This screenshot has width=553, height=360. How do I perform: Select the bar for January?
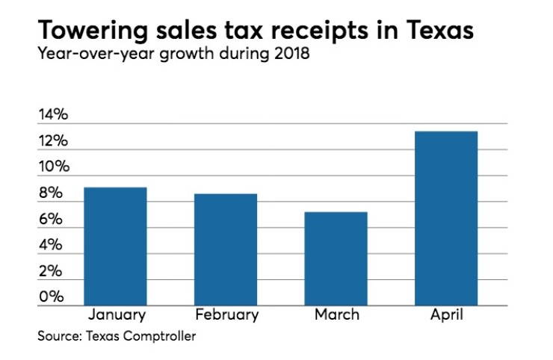(115, 246)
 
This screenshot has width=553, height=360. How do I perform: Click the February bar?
(226, 249)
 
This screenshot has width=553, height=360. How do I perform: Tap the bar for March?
(336, 258)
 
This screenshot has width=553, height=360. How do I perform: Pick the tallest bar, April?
(446, 218)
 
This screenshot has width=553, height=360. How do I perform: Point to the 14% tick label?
(53, 115)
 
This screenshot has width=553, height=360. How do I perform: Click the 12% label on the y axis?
(53, 141)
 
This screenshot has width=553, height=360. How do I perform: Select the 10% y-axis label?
(53, 167)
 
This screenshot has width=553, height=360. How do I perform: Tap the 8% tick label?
(50, 193)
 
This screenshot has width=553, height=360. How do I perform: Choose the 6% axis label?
(50, 220)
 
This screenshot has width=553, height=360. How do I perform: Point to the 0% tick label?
(50, 297)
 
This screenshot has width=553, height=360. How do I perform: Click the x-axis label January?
(117, 314)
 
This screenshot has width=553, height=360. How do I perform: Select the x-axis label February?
(226, 314)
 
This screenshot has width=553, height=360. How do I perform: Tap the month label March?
(336, 314)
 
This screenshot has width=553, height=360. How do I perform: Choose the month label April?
(446, 314)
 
